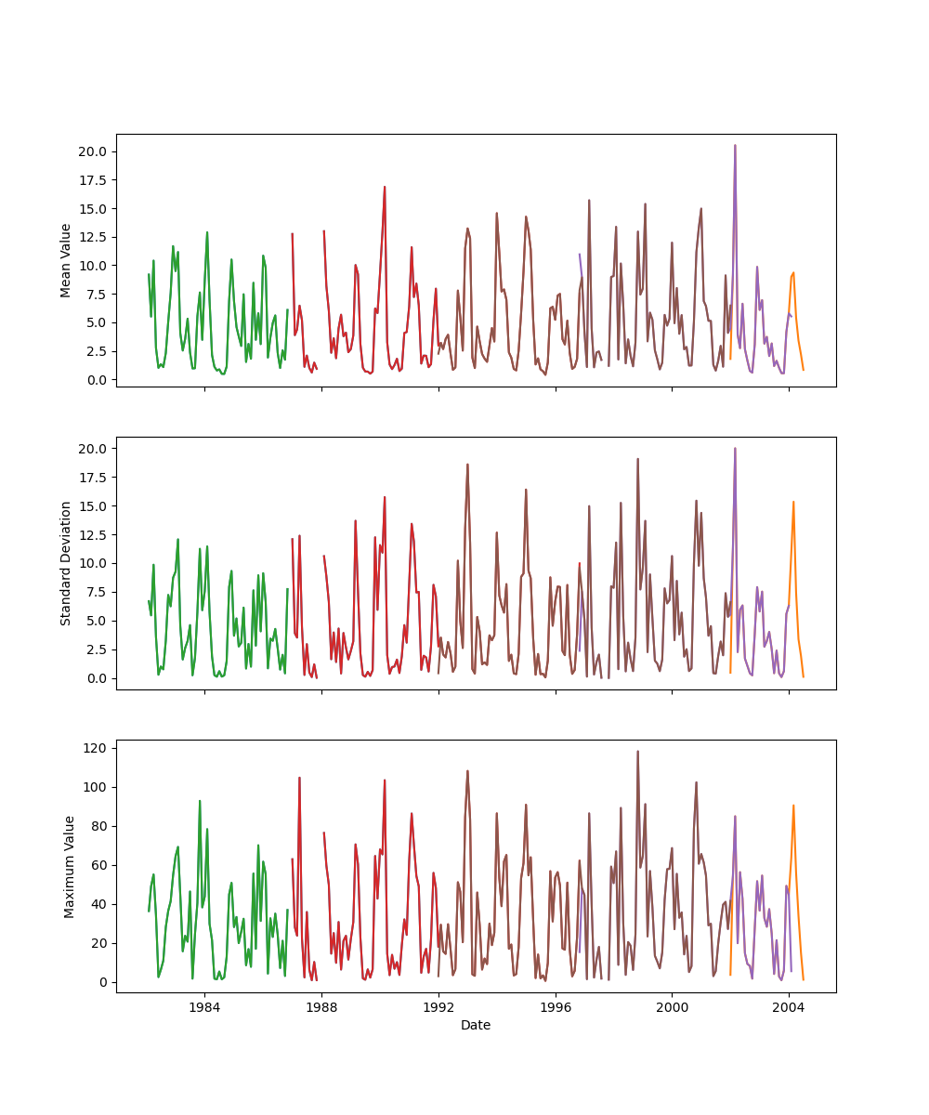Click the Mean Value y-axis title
66,260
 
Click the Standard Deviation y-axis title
66,563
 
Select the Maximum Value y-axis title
69,866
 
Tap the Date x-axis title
476,1026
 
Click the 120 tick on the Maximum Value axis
96,748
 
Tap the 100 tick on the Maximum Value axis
96,787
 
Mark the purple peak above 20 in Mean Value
735,145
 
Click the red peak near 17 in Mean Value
385,187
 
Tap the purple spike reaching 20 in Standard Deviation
735,449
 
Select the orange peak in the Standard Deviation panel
793,502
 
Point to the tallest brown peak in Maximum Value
637,752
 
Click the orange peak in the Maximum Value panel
793,806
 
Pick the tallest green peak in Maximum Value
200,801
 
